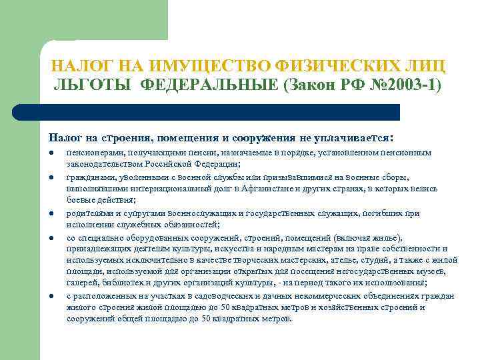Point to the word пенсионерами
point(92,153)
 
